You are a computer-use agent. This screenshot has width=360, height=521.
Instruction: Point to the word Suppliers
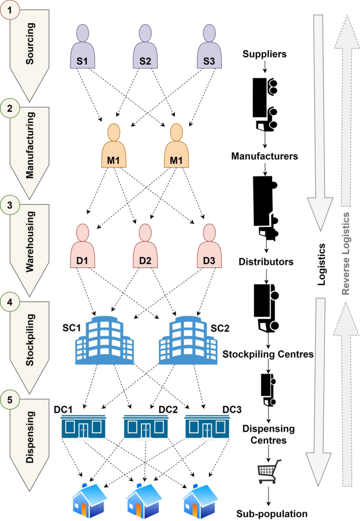265,54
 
